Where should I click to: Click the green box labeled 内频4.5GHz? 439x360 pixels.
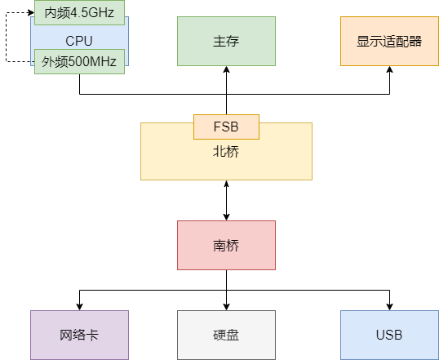point(79,12)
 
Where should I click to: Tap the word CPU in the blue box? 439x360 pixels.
point(79,39)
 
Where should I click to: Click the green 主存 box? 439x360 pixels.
point(226,41)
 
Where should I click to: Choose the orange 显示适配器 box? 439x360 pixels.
point(389,41)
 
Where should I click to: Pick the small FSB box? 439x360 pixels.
point(226,127)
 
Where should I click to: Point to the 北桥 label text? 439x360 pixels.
point(226,151)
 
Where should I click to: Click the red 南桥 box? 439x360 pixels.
point(226,245)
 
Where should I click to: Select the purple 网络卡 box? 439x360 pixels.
point(79,335)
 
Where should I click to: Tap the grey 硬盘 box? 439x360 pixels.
point(226,335)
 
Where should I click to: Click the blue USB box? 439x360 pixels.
point(389,335)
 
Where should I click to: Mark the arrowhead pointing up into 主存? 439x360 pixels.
point(226,70)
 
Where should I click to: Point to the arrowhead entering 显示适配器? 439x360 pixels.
point(389,70)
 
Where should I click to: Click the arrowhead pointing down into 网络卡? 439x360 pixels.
point(79,306)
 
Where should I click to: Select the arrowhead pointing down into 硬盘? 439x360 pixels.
point(226,306)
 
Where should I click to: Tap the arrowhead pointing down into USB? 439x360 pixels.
point(389,306)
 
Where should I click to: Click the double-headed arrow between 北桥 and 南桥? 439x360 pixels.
point(226,200)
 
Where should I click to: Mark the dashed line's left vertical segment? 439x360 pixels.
point(7,37)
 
